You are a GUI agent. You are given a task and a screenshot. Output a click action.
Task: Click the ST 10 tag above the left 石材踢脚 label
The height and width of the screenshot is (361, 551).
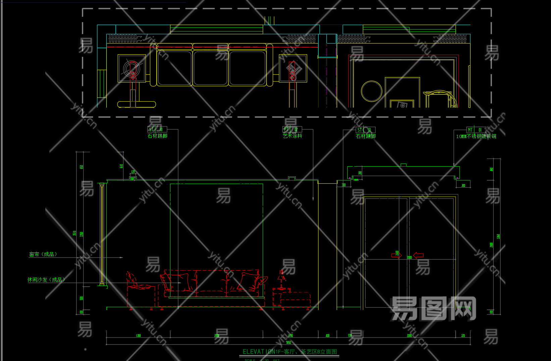coord(157,129)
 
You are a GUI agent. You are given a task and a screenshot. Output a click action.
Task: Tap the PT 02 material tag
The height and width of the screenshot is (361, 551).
coord(292,129)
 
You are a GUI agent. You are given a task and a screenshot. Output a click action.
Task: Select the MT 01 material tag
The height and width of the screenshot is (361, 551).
coord(476,130)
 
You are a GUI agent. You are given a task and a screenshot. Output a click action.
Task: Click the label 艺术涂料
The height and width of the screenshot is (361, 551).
coord(292,136)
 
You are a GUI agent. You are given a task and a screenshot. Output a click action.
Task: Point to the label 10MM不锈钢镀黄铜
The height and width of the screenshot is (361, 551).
coord(476,136)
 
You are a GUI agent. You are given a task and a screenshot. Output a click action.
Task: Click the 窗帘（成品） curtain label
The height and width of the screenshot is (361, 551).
coord(43,254)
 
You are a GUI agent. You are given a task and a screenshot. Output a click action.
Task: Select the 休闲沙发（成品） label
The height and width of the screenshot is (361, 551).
coord(46,280)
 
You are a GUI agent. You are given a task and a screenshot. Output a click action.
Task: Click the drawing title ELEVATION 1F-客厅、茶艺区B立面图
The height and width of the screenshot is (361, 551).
coord(290,352)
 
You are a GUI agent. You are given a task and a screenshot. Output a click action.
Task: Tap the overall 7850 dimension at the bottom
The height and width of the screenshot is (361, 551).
coord(288,343)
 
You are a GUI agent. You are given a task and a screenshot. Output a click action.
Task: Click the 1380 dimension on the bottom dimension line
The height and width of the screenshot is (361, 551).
coord(138,336)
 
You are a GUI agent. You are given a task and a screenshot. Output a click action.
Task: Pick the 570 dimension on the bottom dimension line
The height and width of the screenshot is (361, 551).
coord(350,336)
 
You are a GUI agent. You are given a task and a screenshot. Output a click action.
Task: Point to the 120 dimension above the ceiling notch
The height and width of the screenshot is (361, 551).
coord(133,172)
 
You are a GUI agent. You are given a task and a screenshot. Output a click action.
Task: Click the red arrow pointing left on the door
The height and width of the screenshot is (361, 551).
coord(418,255)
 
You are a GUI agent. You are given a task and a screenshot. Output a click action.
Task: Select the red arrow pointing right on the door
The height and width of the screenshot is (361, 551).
coord(396,255)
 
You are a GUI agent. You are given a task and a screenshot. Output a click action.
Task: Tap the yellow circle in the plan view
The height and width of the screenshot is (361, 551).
coord(371,91)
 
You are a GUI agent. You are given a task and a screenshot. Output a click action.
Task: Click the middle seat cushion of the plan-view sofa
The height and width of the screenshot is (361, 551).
coord(210,68)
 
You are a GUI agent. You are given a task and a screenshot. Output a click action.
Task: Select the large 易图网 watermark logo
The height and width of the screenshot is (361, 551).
coord(433,308)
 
